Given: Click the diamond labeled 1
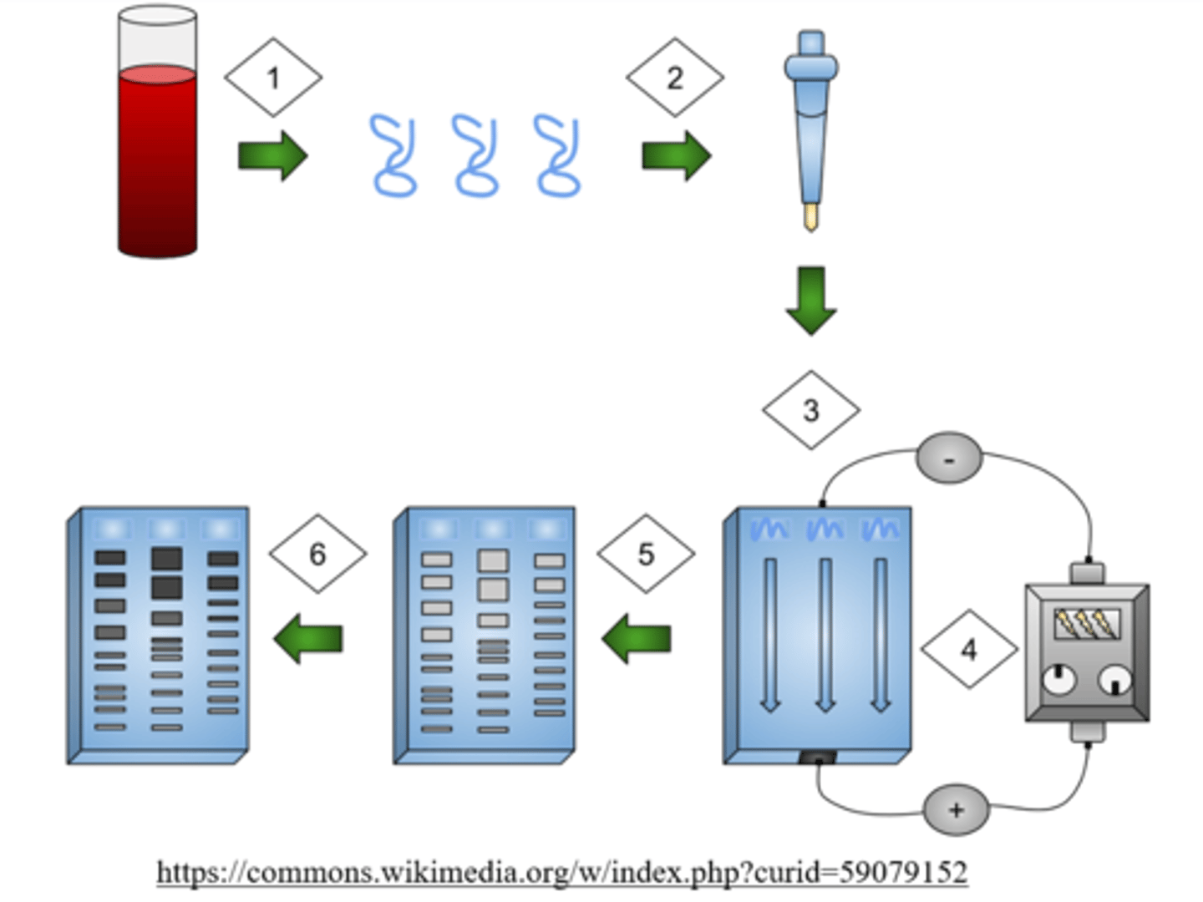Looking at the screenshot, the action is (x=273, y=77).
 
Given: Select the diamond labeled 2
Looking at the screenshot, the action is (x=675, y=77).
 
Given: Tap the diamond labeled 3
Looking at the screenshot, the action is (x=811, y=409).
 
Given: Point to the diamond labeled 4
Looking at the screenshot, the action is (x=969, y=649).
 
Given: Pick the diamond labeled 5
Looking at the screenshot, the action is (x=646, y=554).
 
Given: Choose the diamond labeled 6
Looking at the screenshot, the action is (x=318, y=554).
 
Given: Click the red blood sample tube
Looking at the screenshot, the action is (x=158, y=131).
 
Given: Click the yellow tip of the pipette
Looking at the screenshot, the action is (x=811, y=217).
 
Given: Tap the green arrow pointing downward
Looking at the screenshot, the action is (x=811, y=301).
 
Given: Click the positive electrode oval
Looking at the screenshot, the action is (x=957, y=810).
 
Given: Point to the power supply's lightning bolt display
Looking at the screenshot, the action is (x=1088, y=623).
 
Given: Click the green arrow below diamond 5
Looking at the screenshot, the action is (x=637, y=639).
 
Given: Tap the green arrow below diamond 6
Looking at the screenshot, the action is (x=308, y=639).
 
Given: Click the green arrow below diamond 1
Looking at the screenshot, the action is (x=273, y=156).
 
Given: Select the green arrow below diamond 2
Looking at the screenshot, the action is (x=677, y=156).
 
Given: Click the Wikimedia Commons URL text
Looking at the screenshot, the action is (x=562, y=872).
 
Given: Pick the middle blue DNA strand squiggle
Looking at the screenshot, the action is (x=475, y=155).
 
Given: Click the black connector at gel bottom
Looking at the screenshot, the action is (x=818, y=758).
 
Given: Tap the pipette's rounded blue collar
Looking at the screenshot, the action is (x=811, y=68).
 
